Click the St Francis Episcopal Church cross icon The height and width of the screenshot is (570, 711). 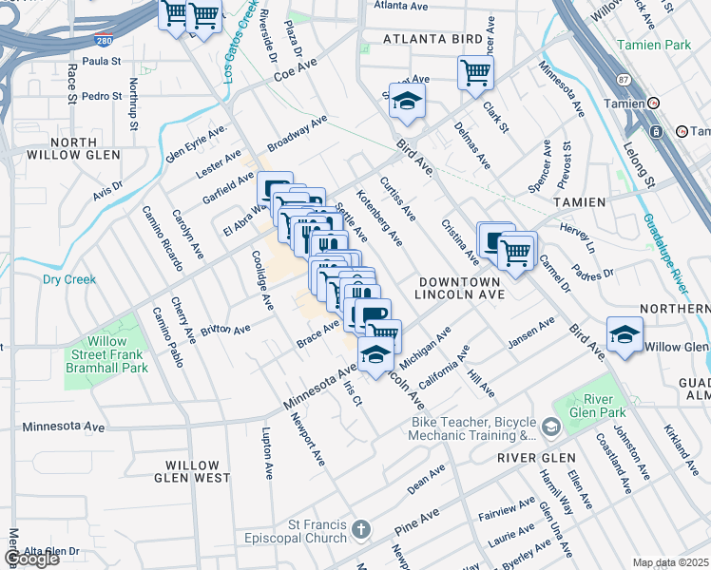(360, 528)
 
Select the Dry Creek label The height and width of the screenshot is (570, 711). (69, 279)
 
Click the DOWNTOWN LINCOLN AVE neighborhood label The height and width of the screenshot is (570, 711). (461, 288)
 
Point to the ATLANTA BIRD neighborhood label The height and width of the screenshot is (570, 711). (428, 40)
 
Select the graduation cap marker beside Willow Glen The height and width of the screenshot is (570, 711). (624, 336)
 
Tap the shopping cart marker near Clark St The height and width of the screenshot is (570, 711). (475, 73)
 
